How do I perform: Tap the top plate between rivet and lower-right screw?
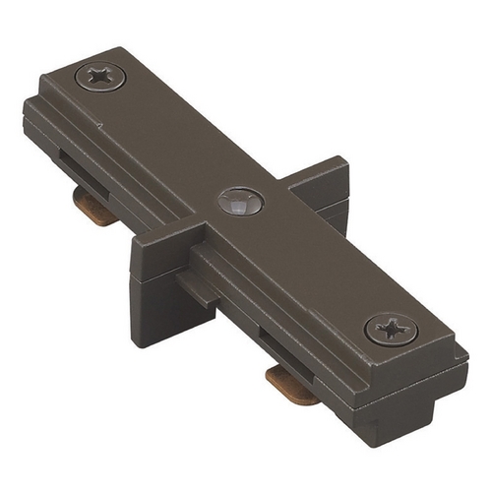(x=315, y=266)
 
